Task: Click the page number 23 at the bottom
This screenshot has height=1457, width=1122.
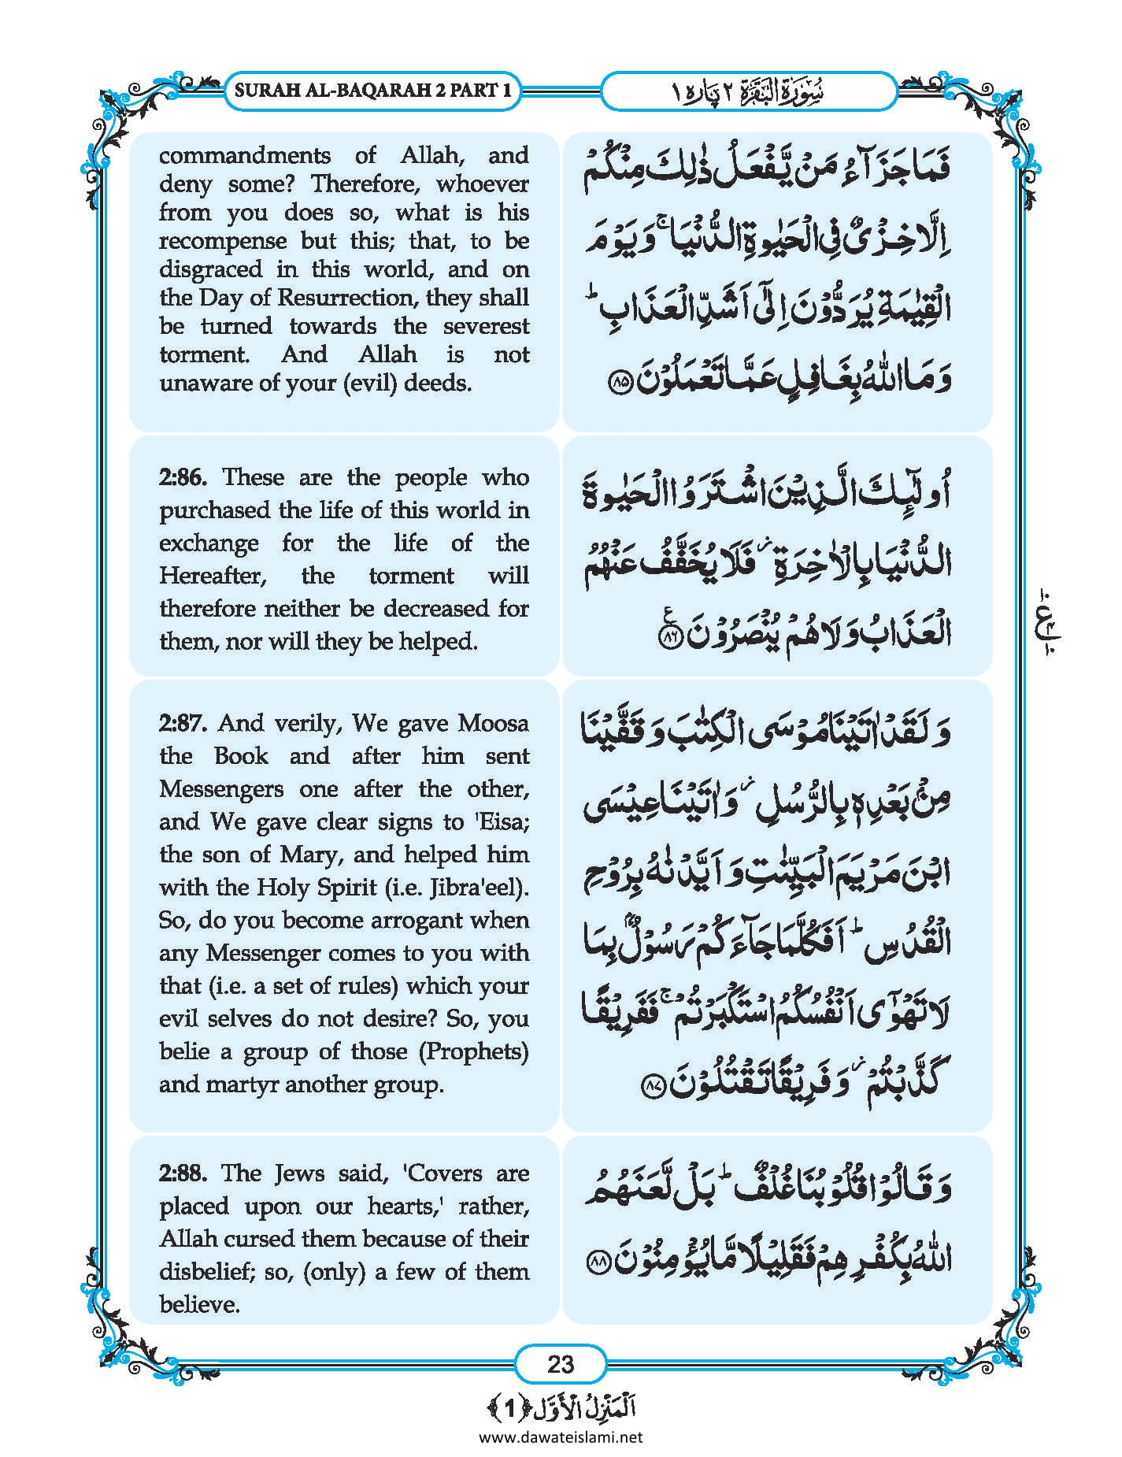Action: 560,1364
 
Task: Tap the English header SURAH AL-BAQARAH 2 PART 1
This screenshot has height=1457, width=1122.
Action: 372,90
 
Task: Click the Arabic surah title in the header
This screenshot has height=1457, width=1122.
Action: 749,91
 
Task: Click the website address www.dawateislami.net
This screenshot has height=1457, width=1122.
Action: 561,1437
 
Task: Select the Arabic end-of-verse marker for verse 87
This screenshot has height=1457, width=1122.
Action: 655,1088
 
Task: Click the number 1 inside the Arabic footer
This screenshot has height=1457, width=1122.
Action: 509,1408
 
